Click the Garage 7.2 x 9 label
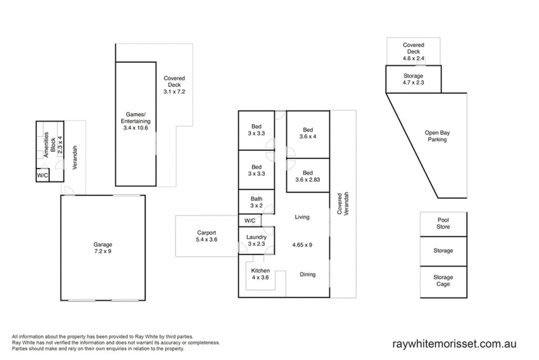click(x=102, y=248)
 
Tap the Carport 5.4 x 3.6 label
click(x=207, y=236)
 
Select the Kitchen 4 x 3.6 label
click(x=260, y=274)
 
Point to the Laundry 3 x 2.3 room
click(x=257, y=241)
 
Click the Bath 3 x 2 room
click(x=257, y=202)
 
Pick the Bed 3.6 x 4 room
click(x=308, y=134)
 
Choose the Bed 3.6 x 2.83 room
click(x=308, y=175)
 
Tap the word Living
click(x=302, y=217)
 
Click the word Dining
click(x=308, y=274)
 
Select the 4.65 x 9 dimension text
click(x=302, y=245)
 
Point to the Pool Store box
click(x=443, y=224)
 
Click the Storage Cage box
click(x=443, y=282)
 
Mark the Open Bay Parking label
click(x=437, y=136)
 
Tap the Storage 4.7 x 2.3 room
click(x=414, y=79)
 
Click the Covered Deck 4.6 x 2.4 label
click(x=414, y=52)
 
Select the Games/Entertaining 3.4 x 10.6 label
click(x=135, y=121)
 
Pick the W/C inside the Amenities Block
click(x=42, y=175)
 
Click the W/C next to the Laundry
click(x=250, y=220)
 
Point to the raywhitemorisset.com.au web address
click(x=454, y=344)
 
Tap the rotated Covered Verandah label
click(x=343, y=204)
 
